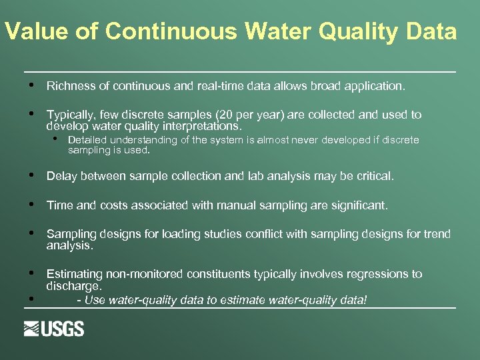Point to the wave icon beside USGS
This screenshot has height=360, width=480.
(x=33, y=329)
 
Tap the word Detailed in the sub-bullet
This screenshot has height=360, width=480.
(x=87, y=140)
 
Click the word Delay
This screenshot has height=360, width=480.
(x=60, y=176)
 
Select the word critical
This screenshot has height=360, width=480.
(x=375, y=176)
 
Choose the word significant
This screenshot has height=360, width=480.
(x=358, y=205)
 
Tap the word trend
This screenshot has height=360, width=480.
(x=436, y=234)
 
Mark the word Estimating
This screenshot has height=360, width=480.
(x=75, y=274)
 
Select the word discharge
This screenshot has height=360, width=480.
(x=73, y=286)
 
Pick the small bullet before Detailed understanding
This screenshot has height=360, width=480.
(x=57, y=139)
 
